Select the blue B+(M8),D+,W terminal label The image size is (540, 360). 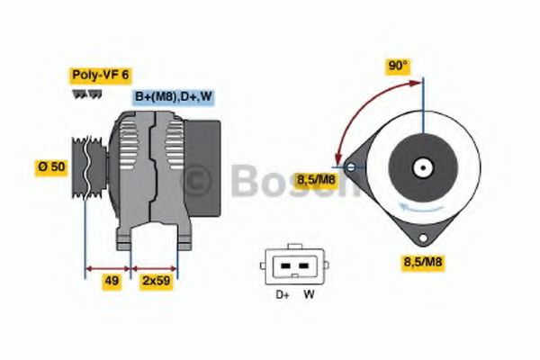coord(174,97)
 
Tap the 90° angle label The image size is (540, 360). coord(398,67)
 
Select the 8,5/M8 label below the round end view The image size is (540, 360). coord(422,262)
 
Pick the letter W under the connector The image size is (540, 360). coord(309,292)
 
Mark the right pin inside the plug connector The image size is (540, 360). coord(301,266)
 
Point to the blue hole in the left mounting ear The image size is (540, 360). coord(351,166)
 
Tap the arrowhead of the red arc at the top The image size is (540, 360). coord(418,83)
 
